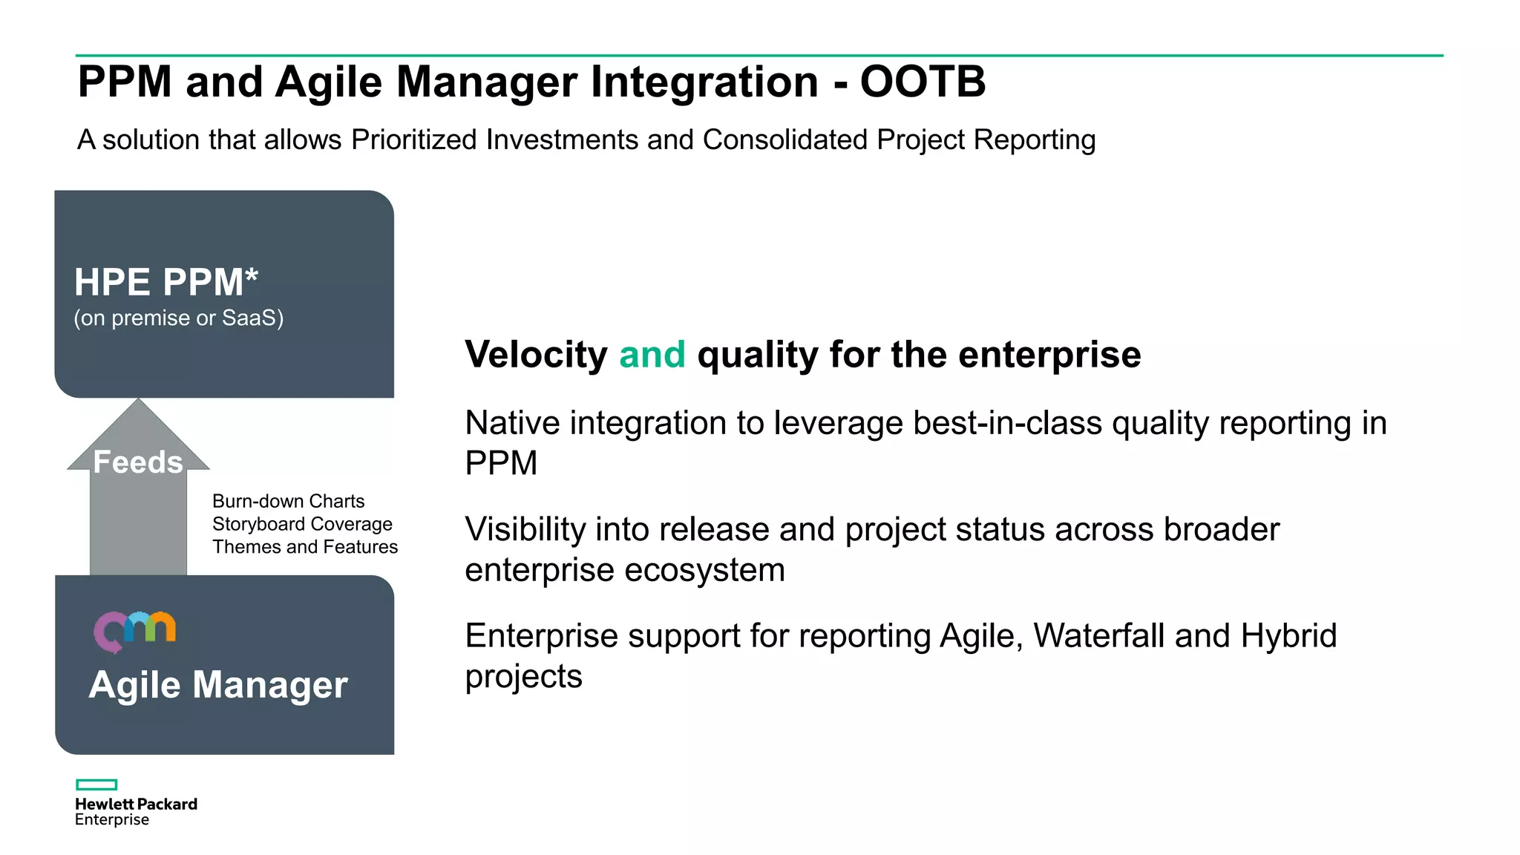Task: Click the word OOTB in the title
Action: point(923,82)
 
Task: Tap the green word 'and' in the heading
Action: point(652,354)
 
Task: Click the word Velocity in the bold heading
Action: point(536,354)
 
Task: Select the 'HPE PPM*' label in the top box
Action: point(166,282)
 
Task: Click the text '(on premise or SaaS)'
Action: point(178,318)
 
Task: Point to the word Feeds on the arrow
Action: point(138,462)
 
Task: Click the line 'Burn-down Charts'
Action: point(288,501)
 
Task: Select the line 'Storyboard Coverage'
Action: point(302,524)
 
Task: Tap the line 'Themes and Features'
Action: point(305,547)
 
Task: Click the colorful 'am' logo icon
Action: point(134,631)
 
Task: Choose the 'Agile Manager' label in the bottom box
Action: point(218,684)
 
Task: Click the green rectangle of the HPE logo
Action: point(96,784)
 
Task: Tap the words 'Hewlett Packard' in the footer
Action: point(136,804)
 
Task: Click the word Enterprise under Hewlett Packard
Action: point(112,819)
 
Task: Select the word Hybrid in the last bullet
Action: point(1288,636)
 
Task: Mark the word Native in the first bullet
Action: point(512,423)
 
